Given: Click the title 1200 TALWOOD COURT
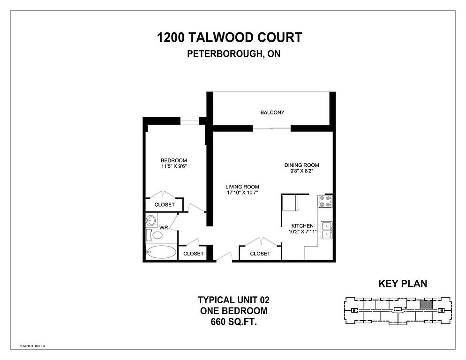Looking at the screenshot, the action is tap(229, 38).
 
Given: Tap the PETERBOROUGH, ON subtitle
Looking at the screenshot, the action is tap(233, 54).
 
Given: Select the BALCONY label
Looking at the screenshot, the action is tap(272, 112).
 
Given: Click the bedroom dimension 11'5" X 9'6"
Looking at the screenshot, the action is tap(174, 166).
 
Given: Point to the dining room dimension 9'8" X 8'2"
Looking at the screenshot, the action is tap(301, 171).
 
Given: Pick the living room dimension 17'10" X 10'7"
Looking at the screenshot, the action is tap(242, 192).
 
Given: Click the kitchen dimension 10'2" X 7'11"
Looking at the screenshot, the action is tap(302, 232).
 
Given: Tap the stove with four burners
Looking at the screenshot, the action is tap(325, 201).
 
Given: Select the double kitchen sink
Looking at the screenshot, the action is tap(327, 230).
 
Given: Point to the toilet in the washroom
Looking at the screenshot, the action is tap(155, 235).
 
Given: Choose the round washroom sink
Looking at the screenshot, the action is tap(151, 220).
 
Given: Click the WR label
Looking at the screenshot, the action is tap(164, 228).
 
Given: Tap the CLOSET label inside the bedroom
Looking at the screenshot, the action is tap(165, 204).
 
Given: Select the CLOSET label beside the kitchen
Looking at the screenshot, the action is tap(260, 254).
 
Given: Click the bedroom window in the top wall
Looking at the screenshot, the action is tap(189, 120).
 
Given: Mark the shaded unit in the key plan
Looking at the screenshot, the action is tap(426, 305).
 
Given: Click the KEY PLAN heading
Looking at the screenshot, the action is tap(403, 284).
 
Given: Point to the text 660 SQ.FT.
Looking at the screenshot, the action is tap(233, 322).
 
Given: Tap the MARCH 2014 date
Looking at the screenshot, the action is tap(32, 346).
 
